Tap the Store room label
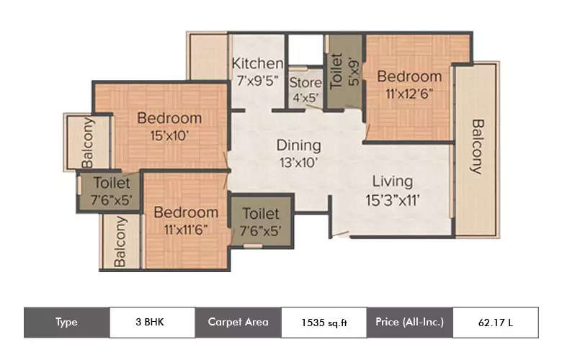(305, 81)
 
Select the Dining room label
(298, 145)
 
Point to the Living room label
(392, 181)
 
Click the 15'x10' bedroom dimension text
(169, 135)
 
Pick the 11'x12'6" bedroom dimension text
(409, 92)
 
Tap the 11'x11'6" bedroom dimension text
(186, 230)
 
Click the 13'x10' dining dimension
(298, 162)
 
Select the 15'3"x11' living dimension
(393, 199)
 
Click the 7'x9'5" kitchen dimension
(257, 82)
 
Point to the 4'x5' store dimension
(305, 97)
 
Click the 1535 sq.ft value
(324, 323)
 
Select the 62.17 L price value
(495, 323)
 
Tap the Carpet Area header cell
(238, 322)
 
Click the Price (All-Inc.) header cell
(410, 322)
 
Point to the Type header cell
(66, 322)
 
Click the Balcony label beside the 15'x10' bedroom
(87, 142)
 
